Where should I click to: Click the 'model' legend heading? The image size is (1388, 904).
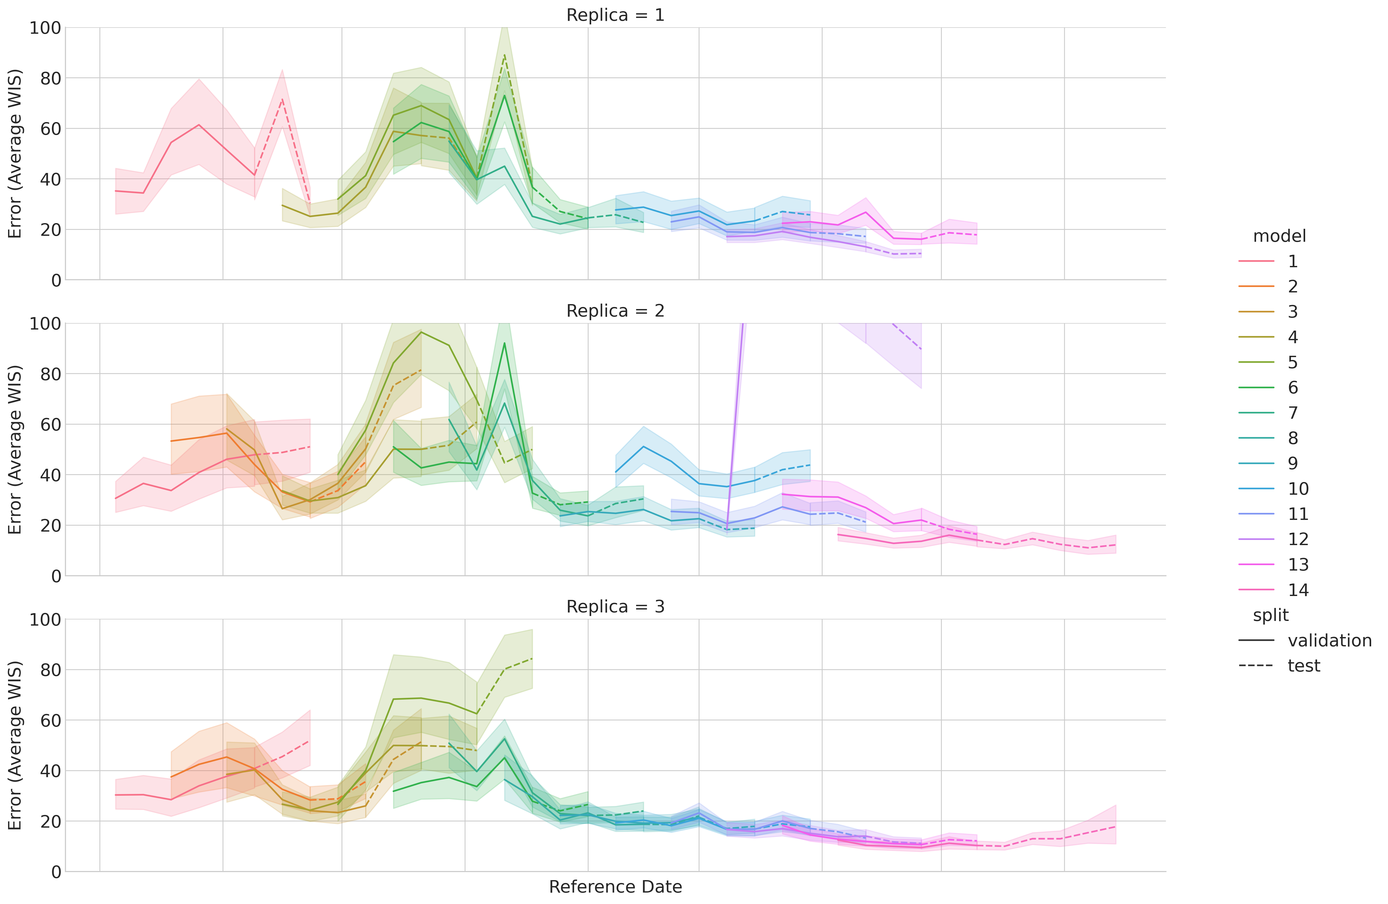click(1279, 236)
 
